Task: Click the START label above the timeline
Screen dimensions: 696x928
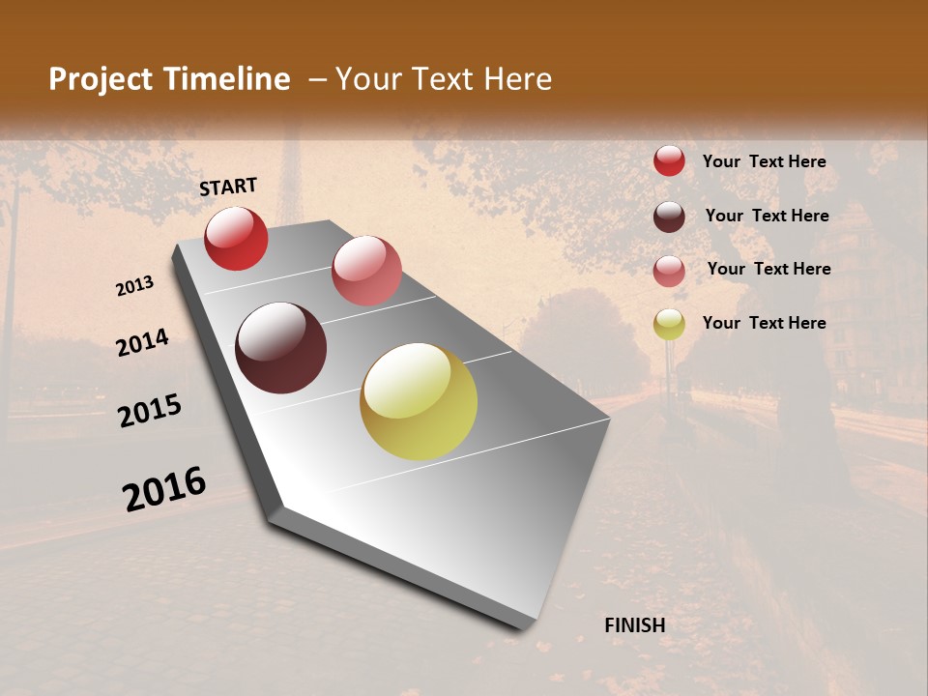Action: click(x=228, y=187)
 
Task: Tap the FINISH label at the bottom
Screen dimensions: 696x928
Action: click(x=634, y=625)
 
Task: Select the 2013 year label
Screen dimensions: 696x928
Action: click(x=135, y=285)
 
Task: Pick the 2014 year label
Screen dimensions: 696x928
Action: click(x=142, y=342)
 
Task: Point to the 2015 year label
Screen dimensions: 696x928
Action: click(x=150, y=411)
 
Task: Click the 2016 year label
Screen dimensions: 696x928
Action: click(x=164, y=488)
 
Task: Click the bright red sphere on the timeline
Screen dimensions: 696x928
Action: click(x=236, y=238)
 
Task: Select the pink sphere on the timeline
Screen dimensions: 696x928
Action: click(x=366, y=270)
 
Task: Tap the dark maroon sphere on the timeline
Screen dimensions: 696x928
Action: click(x=281, y=348)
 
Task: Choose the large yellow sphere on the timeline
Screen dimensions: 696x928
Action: click(x=419, y=401)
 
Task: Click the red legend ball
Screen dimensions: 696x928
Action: click(x=669, y=160)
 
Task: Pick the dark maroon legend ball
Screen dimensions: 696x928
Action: click(x=669, y=217)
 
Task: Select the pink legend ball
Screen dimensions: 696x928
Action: click(x=669, y=271)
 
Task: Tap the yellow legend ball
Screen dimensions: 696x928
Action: click(x=669, y=324)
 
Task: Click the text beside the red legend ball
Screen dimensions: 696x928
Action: click(x=764, y=161)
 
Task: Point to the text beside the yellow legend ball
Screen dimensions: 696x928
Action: click(x=764, y=323)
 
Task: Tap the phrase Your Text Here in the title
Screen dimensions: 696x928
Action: click(x=444, y=79)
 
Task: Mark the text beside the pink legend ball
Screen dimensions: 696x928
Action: click(x=768, y=269)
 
